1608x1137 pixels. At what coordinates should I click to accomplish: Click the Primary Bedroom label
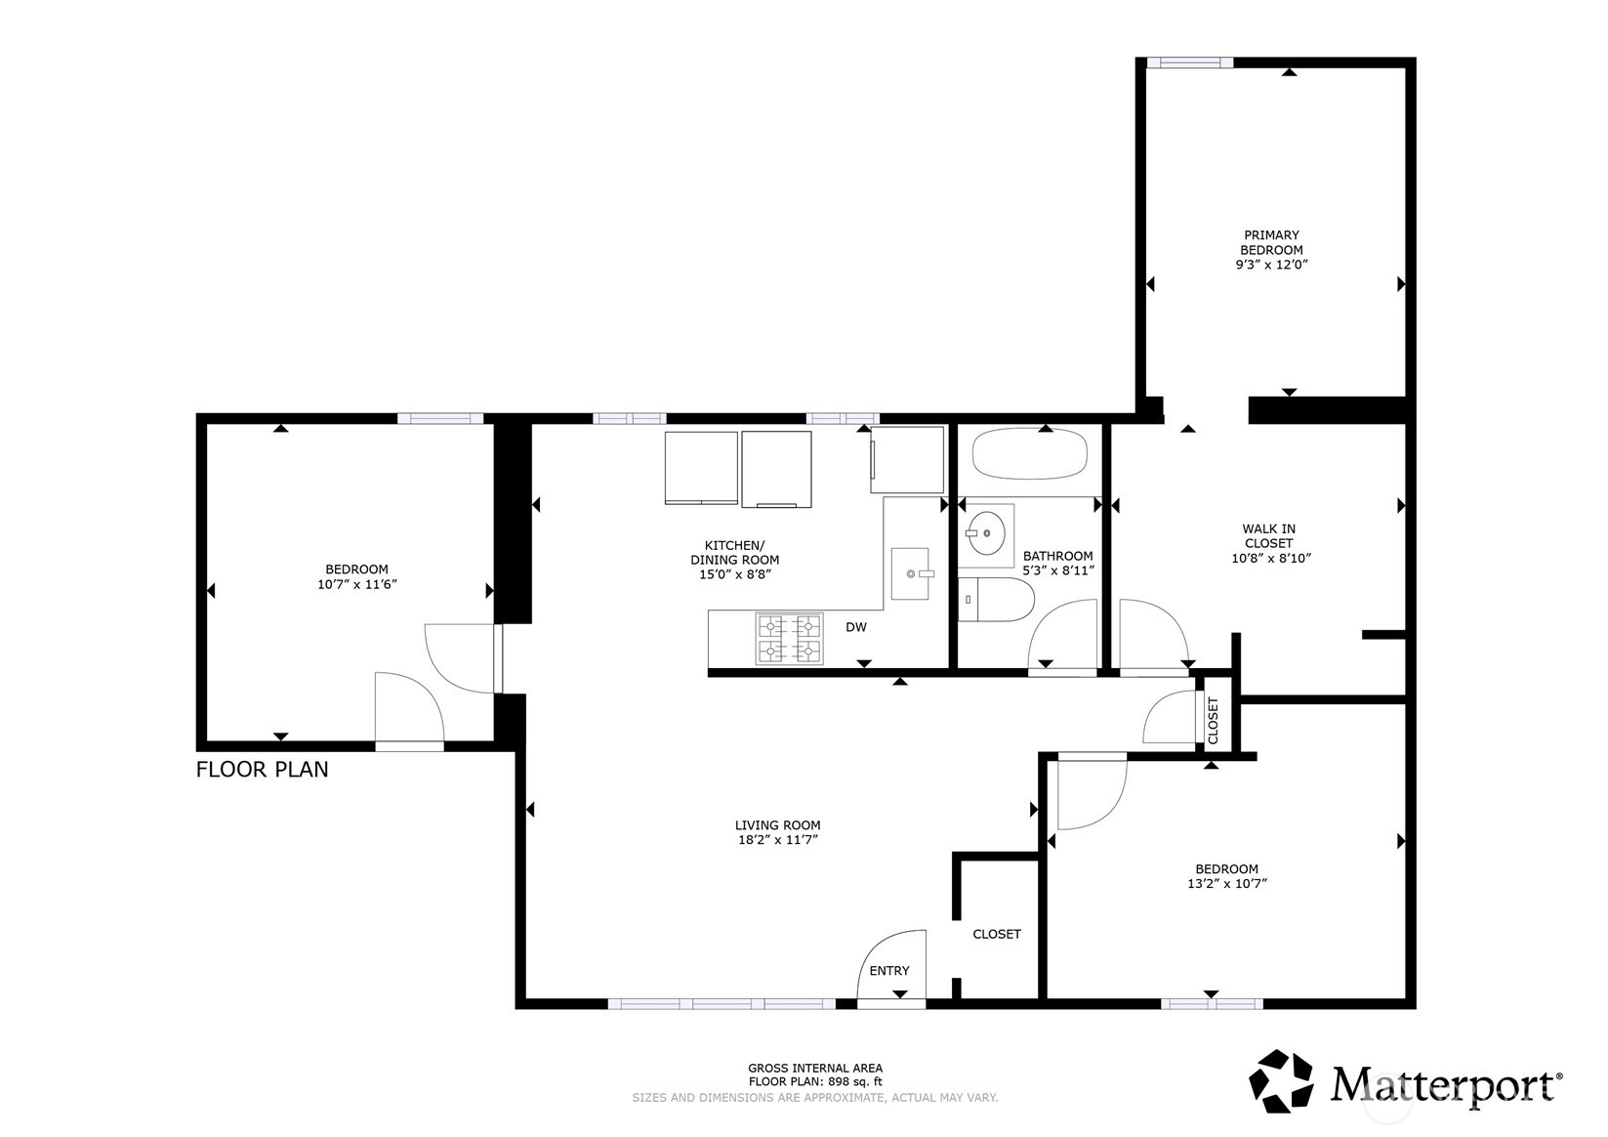pyautogui.click(x=1271, y=242)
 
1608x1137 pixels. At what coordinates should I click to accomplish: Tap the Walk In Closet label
pyautogui.click(x=1268, y=536)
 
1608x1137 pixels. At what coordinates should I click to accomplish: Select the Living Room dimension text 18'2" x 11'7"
pyautogui.click(x=778, y=840)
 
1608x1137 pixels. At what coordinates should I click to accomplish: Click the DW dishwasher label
pyautogui.click(x=855, y=627)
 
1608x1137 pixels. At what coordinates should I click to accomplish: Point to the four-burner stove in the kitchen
pyautogui.click(x=789, y=639)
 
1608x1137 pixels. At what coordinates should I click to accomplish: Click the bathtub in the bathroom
pyautogui.click(x=1029, y=453)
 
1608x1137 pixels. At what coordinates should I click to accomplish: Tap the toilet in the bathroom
pyautogui.click(x=997, y=599)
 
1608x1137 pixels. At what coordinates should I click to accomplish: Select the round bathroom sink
pyautogui.click(x=986, y=533)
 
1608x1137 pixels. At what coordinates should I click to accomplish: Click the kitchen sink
pyautogui.click(x=910, y=573)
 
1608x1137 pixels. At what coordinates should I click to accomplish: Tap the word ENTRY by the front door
pyautogui.click(x=889, y=970)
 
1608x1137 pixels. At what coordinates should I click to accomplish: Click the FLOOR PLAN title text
pyautogui.click(x=262, y=770)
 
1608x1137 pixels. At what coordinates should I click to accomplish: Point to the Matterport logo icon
pyautogui.click(x=1281, y=1081)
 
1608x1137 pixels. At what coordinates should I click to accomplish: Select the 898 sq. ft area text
pyautogui.click(x=855, y=1081)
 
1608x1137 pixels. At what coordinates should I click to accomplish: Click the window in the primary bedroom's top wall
pyautogui.click(x=1189, y=63)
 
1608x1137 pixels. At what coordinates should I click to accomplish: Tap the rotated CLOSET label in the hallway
pyautogui.click(x=1214, y=721)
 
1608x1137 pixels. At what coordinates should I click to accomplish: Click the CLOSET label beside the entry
pyautogui.click(x=997, y=934)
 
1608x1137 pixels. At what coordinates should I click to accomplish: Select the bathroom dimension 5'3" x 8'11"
pyautogui.click(x=1058, y=570)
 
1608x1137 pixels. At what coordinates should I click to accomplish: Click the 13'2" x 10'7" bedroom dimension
pyautogui.click(x=1227, y=883)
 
